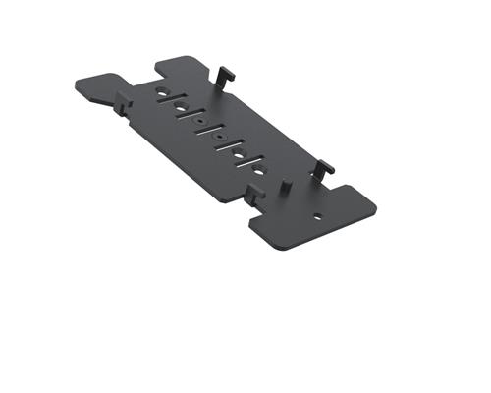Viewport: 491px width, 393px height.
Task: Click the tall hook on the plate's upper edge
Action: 224,75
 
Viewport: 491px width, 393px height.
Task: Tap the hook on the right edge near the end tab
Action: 325,168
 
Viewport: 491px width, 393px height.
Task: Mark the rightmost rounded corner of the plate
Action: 372,208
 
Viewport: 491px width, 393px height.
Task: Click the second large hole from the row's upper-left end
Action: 181,105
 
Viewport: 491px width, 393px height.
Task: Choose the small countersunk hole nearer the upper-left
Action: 201,122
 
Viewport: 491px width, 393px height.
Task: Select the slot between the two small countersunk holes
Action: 211,129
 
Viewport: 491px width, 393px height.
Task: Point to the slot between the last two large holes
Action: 250,160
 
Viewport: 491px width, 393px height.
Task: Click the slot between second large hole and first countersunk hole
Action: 191,113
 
